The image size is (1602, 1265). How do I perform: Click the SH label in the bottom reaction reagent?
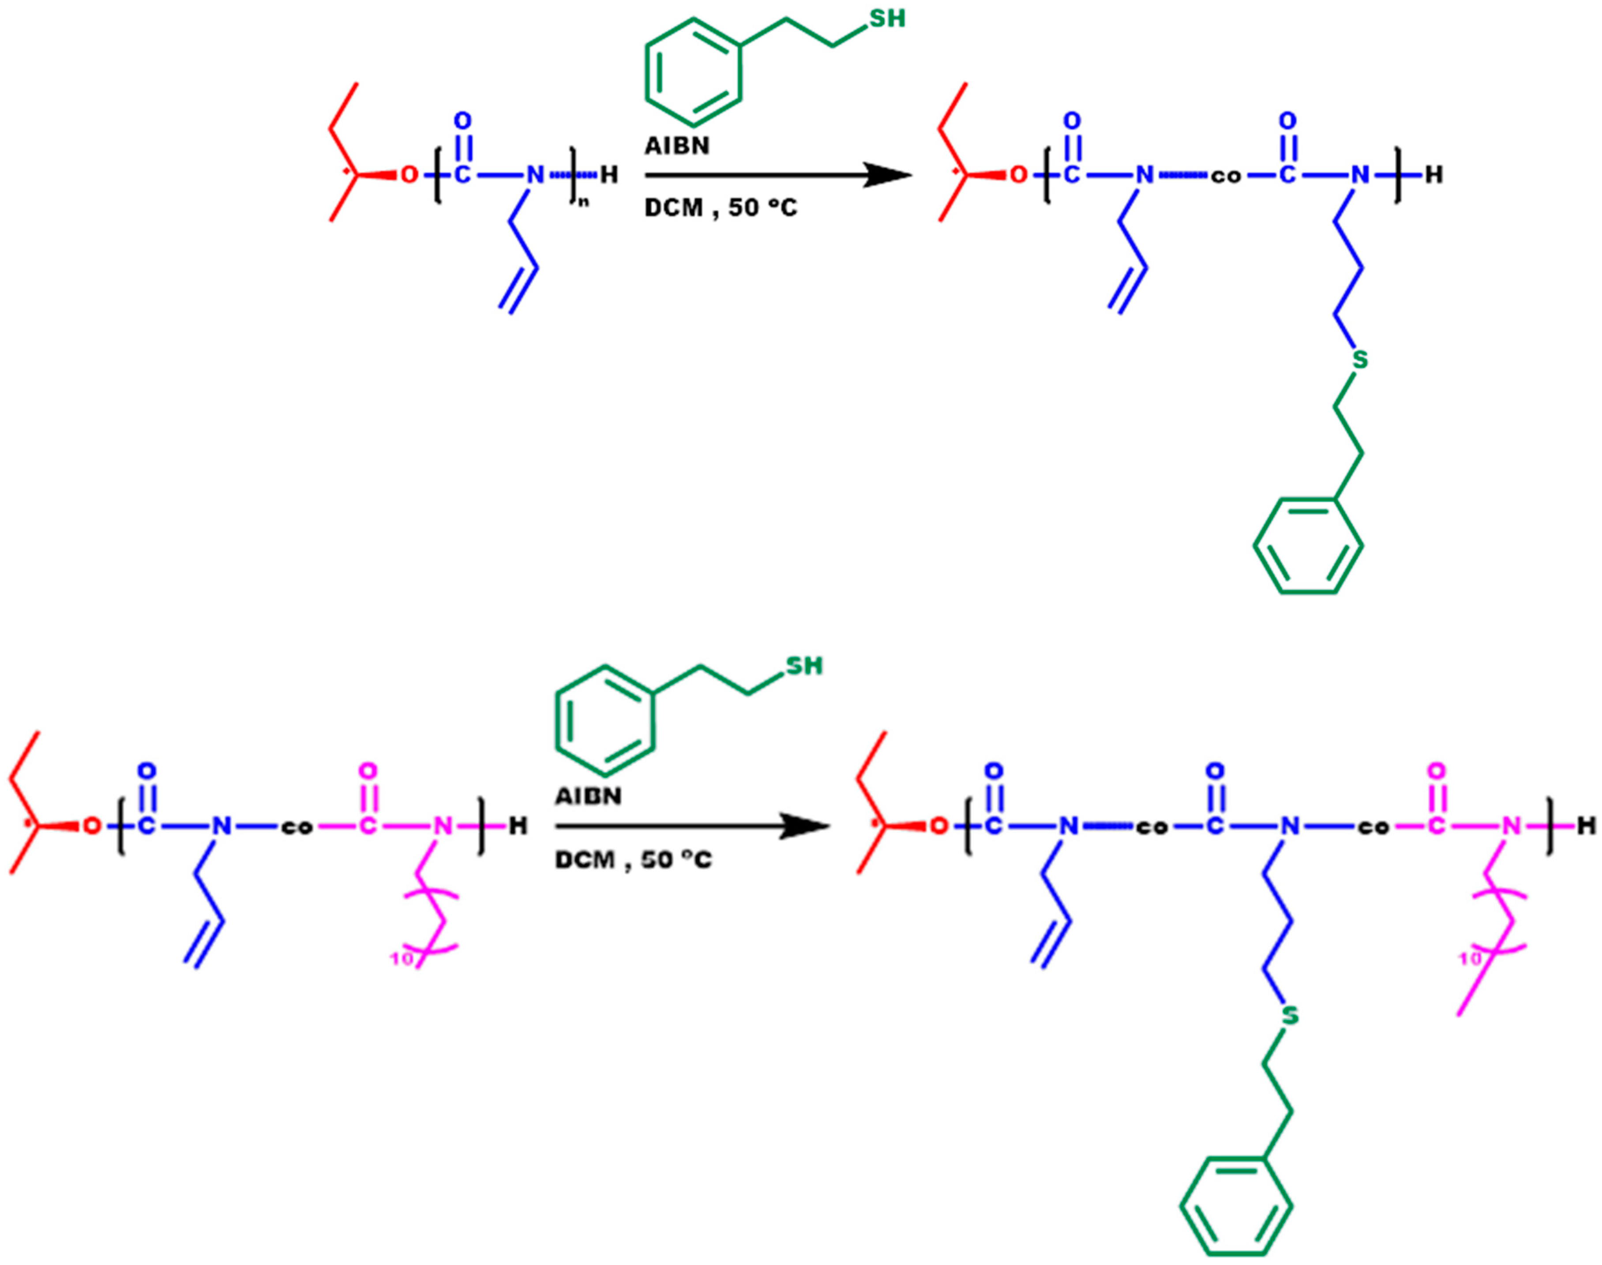point(803,666)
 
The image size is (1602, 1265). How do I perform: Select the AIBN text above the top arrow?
point(676,146)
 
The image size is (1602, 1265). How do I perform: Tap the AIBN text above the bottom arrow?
point(588,796)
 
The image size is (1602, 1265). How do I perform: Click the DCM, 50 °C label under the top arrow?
point(720,208)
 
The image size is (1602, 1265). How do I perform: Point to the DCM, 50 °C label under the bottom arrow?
point(633,860)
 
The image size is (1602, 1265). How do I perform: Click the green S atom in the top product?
point(1360,360)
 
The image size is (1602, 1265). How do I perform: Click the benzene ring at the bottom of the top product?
point(1308,547)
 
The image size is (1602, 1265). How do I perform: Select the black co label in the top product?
point(1225,177)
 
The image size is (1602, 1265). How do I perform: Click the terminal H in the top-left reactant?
point(609,176)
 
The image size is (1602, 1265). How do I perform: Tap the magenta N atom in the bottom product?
point(1511,826)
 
